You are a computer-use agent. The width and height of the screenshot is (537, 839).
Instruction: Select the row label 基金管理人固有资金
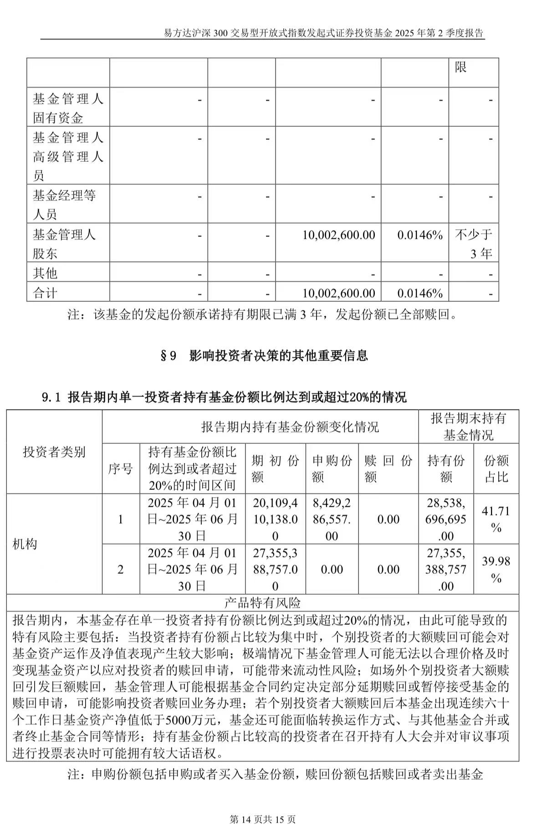tap(68, 108)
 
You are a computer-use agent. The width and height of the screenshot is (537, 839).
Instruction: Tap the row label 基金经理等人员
tap(64, 205)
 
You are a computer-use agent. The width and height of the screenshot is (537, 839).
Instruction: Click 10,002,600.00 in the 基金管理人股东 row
tap(338, 235)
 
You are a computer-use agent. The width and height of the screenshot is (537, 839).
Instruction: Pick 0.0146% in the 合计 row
tap(419, 293)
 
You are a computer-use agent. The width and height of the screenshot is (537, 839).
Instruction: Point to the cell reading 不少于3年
tap(473, 244)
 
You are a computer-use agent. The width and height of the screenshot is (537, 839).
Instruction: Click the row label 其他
tap(45, 273)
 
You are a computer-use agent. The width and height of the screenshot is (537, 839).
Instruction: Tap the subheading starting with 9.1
tap(224, 397)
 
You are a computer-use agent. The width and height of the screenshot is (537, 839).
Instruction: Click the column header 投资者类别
tap(54, 452)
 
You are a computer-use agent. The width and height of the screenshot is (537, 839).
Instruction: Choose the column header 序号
tap(120, 468)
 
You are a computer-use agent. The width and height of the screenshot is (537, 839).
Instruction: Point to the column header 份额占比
tap(496, 468)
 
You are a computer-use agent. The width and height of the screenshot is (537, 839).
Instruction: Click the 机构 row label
tap(25, 544)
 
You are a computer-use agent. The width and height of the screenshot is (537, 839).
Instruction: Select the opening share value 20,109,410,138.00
tap(275, 519)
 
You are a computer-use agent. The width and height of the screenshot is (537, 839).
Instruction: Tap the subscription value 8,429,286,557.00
tap(332, 519)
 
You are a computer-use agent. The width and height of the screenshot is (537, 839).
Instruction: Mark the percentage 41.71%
tap(496, 519)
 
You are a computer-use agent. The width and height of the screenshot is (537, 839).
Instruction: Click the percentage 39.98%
tap(496, 569)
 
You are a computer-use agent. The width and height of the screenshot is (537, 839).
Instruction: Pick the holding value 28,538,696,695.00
tap(446, 519)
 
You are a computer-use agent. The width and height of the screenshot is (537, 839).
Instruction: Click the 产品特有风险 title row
tap(263, 603)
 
